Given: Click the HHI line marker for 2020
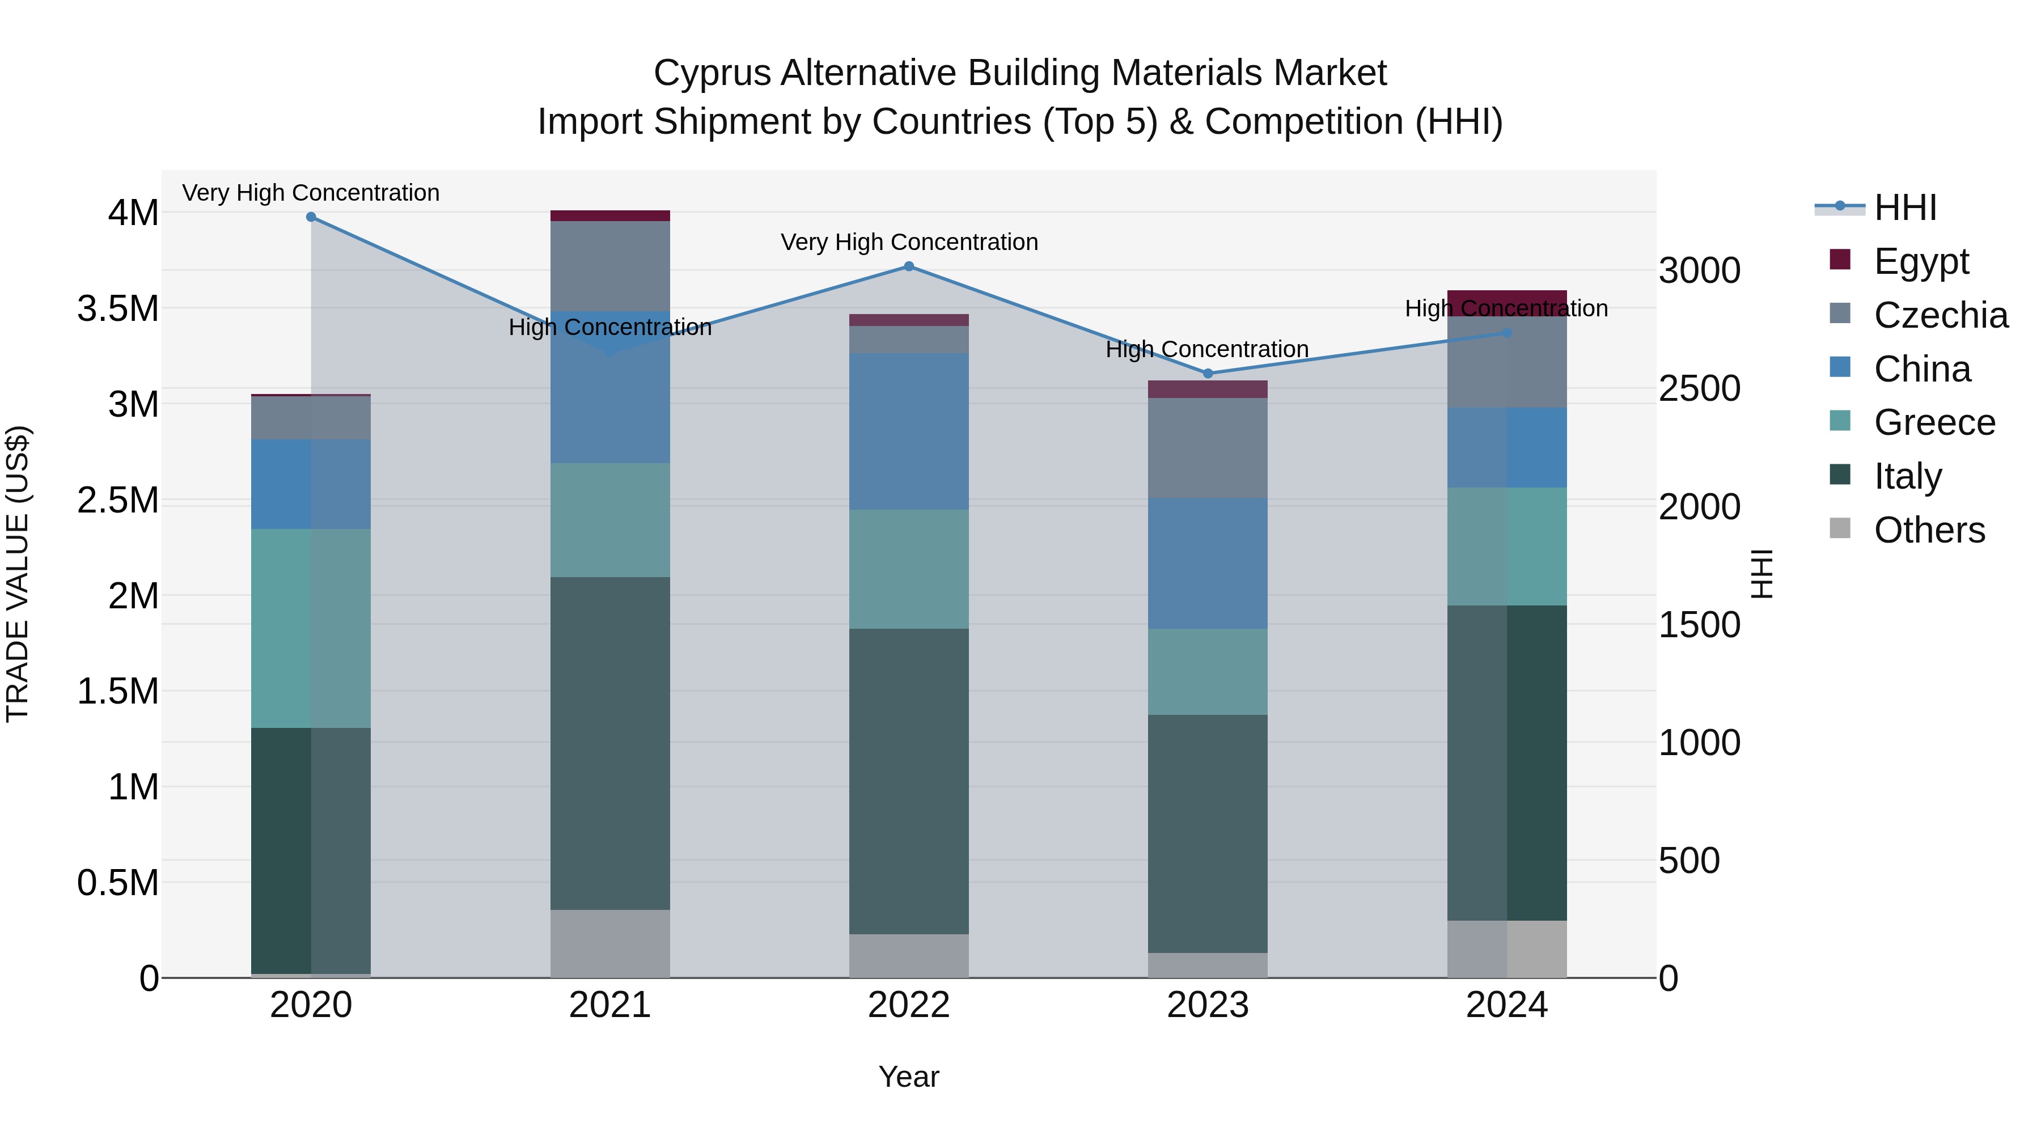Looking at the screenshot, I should (311, 217).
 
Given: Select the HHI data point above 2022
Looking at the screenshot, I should (909, 267).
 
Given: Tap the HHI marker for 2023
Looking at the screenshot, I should (1208, 373).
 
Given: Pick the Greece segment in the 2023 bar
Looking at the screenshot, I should (1208, 672).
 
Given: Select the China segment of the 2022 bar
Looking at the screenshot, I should (909, 432).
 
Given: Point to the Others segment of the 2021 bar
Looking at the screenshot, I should (610, 943).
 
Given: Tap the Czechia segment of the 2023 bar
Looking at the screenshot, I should (1208, 448).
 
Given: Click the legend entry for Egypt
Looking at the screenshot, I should (1921, 261).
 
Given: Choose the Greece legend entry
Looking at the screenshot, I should (1933, 422).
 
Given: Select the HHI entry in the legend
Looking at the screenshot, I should (1905, 207).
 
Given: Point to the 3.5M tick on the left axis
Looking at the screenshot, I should (118, 308).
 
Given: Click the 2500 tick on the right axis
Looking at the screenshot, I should (1700, 389).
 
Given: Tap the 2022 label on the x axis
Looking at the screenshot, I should (909, 1005).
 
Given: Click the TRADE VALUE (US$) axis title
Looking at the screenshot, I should (18, 574).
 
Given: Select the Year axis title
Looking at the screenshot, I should (909, 1077).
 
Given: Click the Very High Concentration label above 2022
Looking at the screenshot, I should (909, 243).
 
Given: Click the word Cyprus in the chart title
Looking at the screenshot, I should (711, 74).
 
